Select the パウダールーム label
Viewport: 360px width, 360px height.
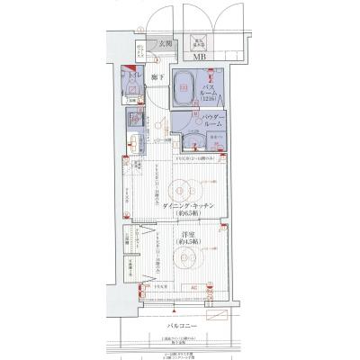point(212,122)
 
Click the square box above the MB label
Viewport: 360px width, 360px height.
point(197,40)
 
